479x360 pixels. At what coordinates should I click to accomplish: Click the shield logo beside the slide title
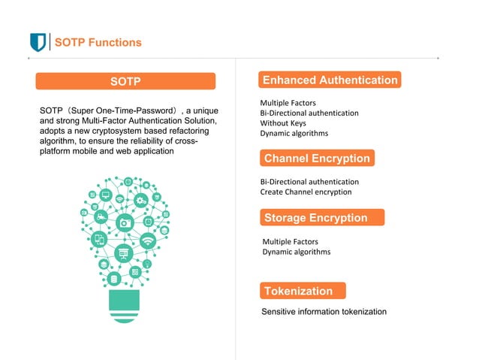coord(38,42)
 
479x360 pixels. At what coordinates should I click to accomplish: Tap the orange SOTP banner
coord(125,81)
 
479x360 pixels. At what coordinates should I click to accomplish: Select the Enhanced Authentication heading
coord(330,80)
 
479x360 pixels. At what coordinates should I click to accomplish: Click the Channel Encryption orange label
coord(317,159)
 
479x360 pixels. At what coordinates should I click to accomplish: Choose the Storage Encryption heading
coord(316,218)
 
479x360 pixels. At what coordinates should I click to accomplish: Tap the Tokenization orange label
coord(299,291)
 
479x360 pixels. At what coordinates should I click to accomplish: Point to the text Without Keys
coord(283,123)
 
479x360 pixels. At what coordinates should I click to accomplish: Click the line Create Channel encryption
coord(306,192)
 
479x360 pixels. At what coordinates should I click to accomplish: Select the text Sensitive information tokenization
coord(324,311)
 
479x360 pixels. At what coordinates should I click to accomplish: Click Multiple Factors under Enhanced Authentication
coord(288,102)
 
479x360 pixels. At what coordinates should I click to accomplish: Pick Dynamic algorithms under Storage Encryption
coord(296,252)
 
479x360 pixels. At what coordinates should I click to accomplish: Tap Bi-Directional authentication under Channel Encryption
coord(309,182)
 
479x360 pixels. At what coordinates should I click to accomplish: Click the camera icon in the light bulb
coord(125,222)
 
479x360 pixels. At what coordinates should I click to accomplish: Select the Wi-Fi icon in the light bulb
coord(149,241)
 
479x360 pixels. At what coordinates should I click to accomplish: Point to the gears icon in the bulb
coord(140,200)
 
